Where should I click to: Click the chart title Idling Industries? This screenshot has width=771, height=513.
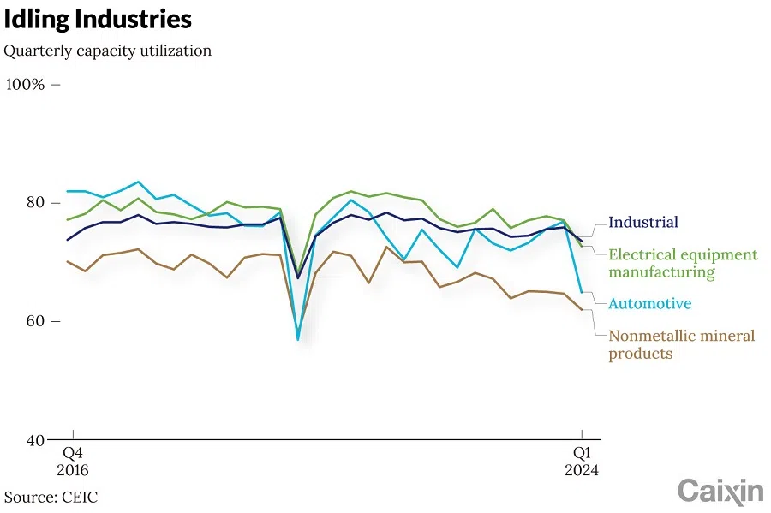click(x=97, y=20)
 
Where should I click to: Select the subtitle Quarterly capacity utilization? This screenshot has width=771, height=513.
click(x=107, y=51)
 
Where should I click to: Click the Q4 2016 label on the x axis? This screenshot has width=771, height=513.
click(x=72, y=462)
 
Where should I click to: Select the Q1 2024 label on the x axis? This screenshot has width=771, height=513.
click(x=582, y=462)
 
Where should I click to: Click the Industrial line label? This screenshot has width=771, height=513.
click(x=642, y=223)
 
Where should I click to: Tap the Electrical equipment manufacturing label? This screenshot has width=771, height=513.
click(x=683, y=264)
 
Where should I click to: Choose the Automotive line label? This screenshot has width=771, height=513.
click(x=649, y=304)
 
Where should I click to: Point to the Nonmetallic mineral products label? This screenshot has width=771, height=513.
click(x=682, y=344)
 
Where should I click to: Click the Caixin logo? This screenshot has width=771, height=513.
click(x=720, y=492)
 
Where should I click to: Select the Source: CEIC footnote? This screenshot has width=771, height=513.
click(x=51, y=497)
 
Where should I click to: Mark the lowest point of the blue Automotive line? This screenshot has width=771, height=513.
click(x=298, y=340)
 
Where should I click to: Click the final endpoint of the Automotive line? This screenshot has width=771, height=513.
click(x=582, y=293)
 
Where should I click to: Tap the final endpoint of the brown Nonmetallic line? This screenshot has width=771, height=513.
click(x=582, y=310)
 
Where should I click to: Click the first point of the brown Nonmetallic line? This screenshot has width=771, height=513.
click(x=68, y=261)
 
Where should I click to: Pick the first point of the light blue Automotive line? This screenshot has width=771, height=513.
click(x=68, y=191)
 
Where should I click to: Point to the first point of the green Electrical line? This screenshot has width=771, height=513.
click(x=68, y=220)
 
